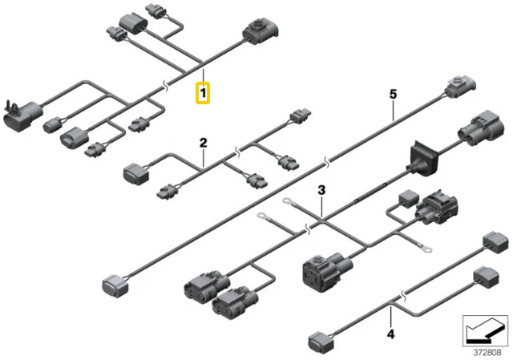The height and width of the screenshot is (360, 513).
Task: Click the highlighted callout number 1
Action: click(203, 93)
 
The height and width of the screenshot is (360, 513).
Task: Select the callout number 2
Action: click(203, 143)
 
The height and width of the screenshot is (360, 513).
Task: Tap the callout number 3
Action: click(322, 190)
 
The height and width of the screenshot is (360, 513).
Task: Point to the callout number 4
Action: click(390, 334)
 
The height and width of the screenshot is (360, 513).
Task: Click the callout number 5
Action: click(393, 95)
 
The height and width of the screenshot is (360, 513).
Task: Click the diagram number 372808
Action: click(487, 353)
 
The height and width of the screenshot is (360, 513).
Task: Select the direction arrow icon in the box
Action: click(485, 330)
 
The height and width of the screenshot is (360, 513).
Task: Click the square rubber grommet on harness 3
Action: click(424, 159)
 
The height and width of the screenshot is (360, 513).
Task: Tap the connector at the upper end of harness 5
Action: click(459, 87)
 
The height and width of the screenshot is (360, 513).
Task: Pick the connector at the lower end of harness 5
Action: click(115, 285)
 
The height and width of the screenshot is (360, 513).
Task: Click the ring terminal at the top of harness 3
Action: click(287, 200)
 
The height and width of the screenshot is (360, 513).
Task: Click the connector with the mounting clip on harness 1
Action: click(22, 115)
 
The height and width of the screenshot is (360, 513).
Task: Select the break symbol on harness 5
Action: click(326, 161)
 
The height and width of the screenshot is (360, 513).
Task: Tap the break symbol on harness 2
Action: click(238, 152)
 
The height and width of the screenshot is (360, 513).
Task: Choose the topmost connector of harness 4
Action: click(495, 242)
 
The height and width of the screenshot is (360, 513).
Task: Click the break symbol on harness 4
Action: click(404, 296)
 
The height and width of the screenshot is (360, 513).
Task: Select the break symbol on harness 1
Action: click(166, 87)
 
